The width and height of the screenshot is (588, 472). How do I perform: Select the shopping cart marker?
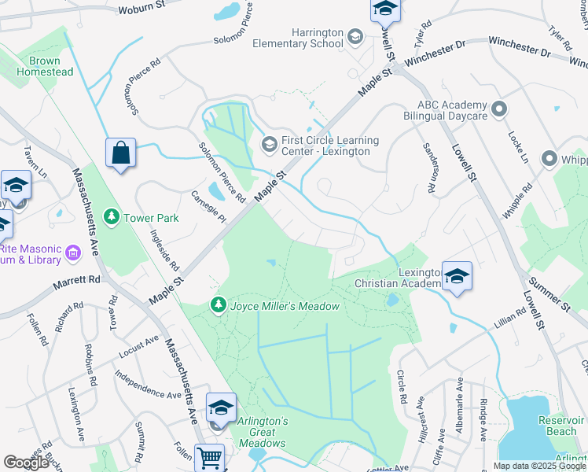coord(209,456)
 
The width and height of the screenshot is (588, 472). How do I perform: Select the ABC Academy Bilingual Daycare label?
coord(441,111)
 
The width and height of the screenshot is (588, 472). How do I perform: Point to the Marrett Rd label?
coord(77,280)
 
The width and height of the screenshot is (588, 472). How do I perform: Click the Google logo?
coord(26,463)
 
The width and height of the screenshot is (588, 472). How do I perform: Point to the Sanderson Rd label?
coord(428,167)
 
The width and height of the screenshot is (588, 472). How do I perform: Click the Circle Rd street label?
coord(402,387)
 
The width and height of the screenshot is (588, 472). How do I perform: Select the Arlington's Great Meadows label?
coord(263,432)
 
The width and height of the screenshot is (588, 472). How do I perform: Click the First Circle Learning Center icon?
coord(268,142)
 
